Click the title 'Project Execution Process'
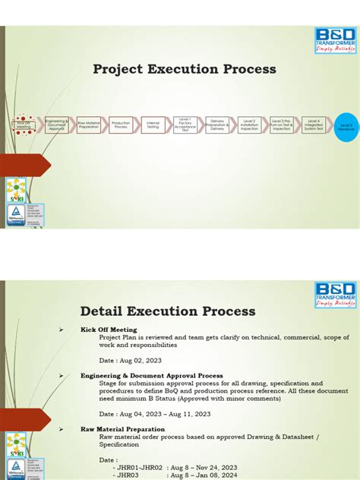[x=185, y=70]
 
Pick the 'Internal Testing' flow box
[x=153, y=125]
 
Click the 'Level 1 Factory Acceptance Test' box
[x=185, y=125]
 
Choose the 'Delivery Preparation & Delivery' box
[x=217, y=125]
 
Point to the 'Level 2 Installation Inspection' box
[x=250, y=125]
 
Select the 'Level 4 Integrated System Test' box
[x=314, y=125]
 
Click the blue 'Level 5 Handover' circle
[x=346, y=128]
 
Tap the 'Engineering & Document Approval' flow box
[x=56, y=125]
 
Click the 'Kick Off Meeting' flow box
[x=24, y=126]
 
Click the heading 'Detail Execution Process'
[x=168, y=311]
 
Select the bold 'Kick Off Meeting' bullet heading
[x=110, y=330]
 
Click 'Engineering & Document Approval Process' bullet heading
[x=151, y=375]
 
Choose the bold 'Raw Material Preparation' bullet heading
[x=122, y=429]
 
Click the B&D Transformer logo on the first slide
[x=335, y=40]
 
